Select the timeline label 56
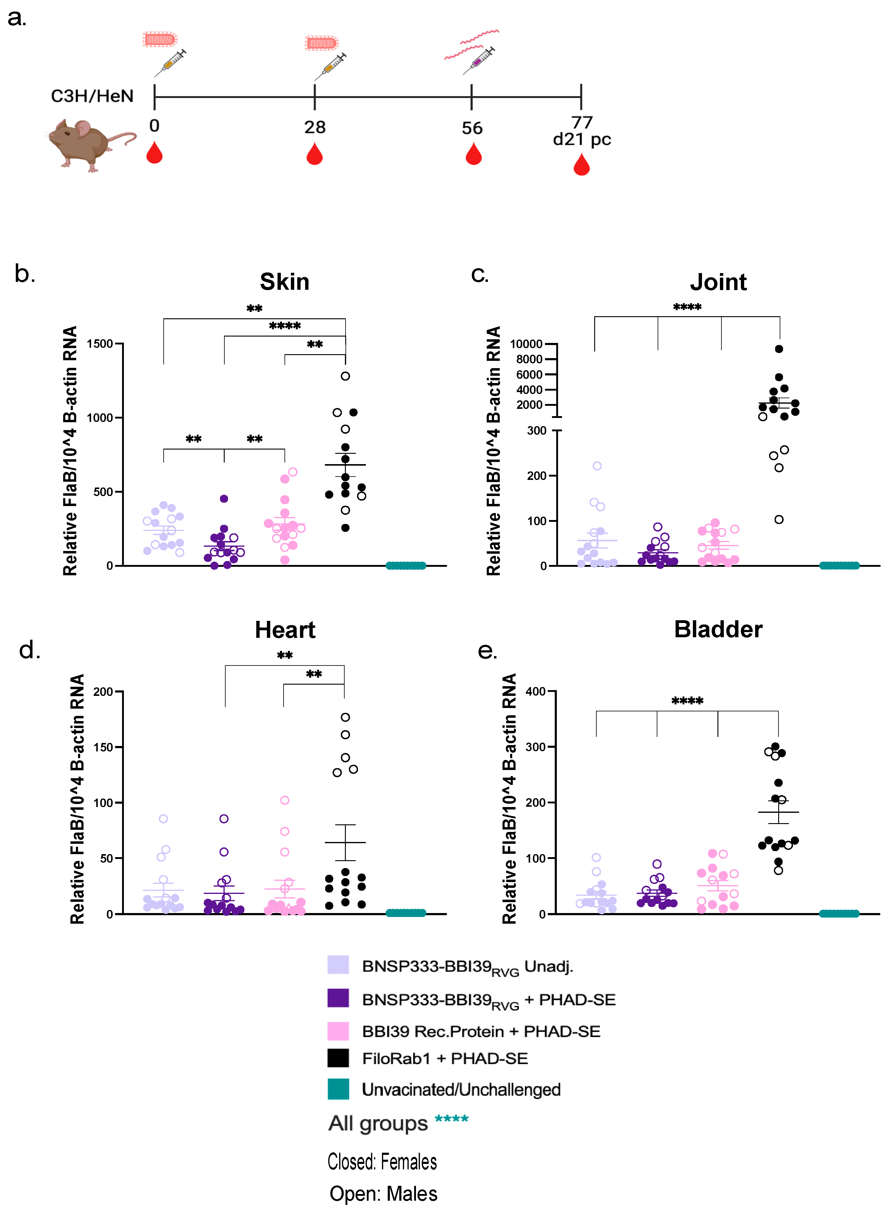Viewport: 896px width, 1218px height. coord(472,128)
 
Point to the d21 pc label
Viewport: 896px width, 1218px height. coord(582,140)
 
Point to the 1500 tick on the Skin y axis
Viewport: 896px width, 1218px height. coord(100,344)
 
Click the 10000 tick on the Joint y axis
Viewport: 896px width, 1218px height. coord(526,344)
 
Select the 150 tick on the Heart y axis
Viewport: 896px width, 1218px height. coord(103,747)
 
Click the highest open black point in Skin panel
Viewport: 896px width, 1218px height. coord(346,376)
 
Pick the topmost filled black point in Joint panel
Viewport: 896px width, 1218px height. coord(779,349)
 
